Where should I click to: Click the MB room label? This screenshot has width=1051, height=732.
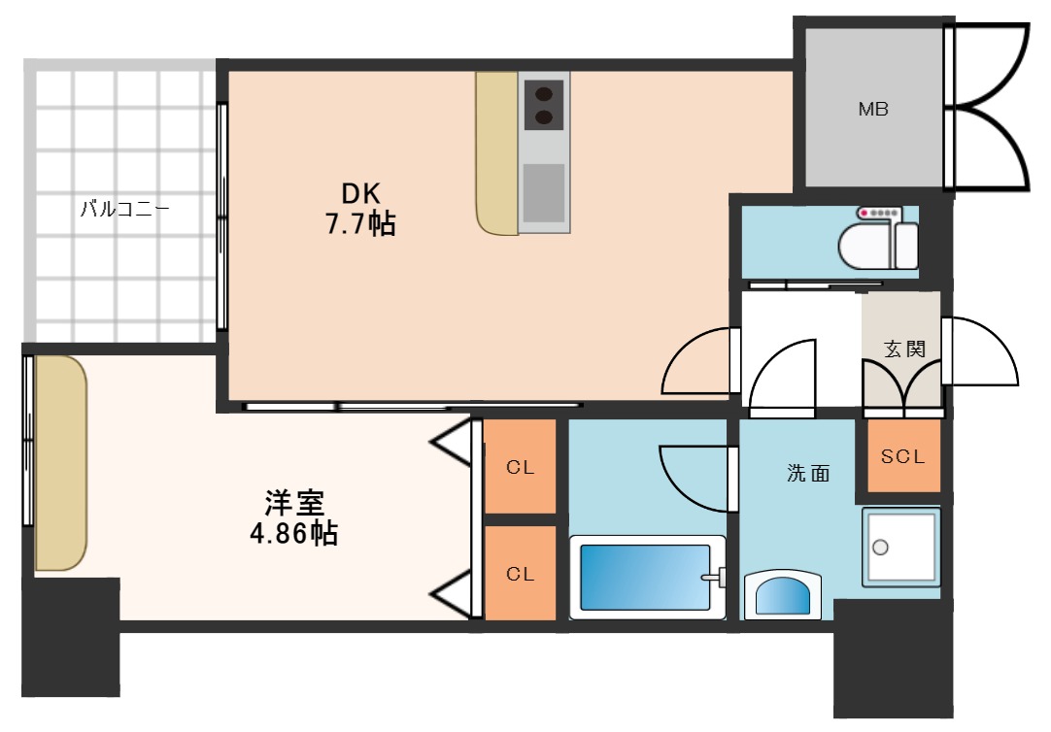coord(872,110)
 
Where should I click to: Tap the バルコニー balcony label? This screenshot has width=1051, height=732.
coord(124,207)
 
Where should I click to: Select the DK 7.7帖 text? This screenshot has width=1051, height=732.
coord(359,210)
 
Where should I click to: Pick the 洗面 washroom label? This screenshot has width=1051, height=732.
coord(808,474)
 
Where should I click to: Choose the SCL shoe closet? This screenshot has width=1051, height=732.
coord(903,455)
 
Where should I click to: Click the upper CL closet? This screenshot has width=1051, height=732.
coord(521,467)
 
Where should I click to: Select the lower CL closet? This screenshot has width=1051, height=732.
coord(521,574)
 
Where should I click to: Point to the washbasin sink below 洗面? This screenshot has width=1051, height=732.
coord(783,594)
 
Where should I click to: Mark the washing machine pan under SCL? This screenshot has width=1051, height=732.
coord(901,548)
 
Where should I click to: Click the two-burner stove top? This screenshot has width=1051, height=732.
coord(544,105)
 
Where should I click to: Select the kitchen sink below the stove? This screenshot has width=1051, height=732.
coord(544,193)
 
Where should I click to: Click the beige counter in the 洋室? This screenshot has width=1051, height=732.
coord(61,464)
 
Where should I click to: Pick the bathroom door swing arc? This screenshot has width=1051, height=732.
coord(692,476)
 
